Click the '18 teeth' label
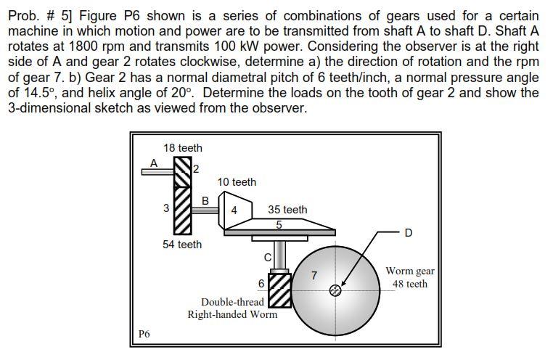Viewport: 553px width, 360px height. pyautogui.click(x=183, y=148)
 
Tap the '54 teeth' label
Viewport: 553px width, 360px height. pyautogui.click(x=182, y=245)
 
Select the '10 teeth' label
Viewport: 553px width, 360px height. pyautogui.click(x=237, y=182)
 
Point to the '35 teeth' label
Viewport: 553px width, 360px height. pyautogui.click(x=287, y=210)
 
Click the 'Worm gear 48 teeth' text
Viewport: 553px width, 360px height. pyautogui.click(x=410, y=277)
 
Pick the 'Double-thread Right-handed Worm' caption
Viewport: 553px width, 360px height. pyautogui.click(x=232, y=308)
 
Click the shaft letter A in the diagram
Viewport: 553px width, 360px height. pyautogui.click(x=153, y=163)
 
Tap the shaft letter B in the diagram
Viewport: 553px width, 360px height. pyautogui.click(x=205, y=200)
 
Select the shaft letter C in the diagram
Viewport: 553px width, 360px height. pyautogui.click(x=267, y=258)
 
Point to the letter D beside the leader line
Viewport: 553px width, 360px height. pyautogui.click(x=408, y=233)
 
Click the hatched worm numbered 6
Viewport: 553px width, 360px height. pyautogui.click(x=280, y=289)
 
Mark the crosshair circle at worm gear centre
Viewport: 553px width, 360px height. pyautogui.click(x=335, y=290)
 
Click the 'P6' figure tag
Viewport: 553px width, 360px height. pyautogui.click(x=144, y=334)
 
